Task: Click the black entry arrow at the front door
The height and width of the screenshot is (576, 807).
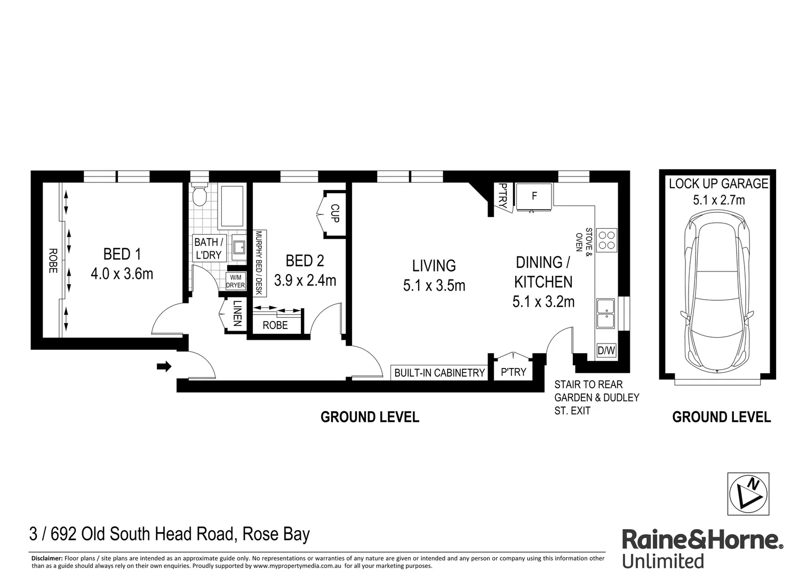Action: [164, 366]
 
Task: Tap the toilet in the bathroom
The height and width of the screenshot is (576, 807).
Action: [200, 196]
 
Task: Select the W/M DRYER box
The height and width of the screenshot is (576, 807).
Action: [235, 281]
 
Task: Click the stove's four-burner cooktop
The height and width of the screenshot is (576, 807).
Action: [606, 240]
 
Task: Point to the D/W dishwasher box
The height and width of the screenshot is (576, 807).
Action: [606, 351]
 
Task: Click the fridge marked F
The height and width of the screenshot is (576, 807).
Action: [534, 197]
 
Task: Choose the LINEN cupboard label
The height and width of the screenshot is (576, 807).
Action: [237, 314]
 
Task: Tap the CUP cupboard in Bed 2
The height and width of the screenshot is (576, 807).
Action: [334, 213]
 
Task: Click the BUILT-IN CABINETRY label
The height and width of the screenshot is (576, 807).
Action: [439, 373]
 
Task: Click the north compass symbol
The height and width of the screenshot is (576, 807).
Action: [748, 494]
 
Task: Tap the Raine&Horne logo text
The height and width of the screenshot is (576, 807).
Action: [702, 540]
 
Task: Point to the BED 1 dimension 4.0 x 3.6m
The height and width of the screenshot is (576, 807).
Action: [122, 274]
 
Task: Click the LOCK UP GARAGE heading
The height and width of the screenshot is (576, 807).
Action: [718, 184]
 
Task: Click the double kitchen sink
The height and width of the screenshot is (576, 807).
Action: [605, 314]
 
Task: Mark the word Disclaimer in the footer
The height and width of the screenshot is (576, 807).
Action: [47, 558]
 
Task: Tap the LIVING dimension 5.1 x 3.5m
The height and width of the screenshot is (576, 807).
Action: [434, 286]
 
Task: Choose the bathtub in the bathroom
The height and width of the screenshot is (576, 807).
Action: [231, 206]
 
